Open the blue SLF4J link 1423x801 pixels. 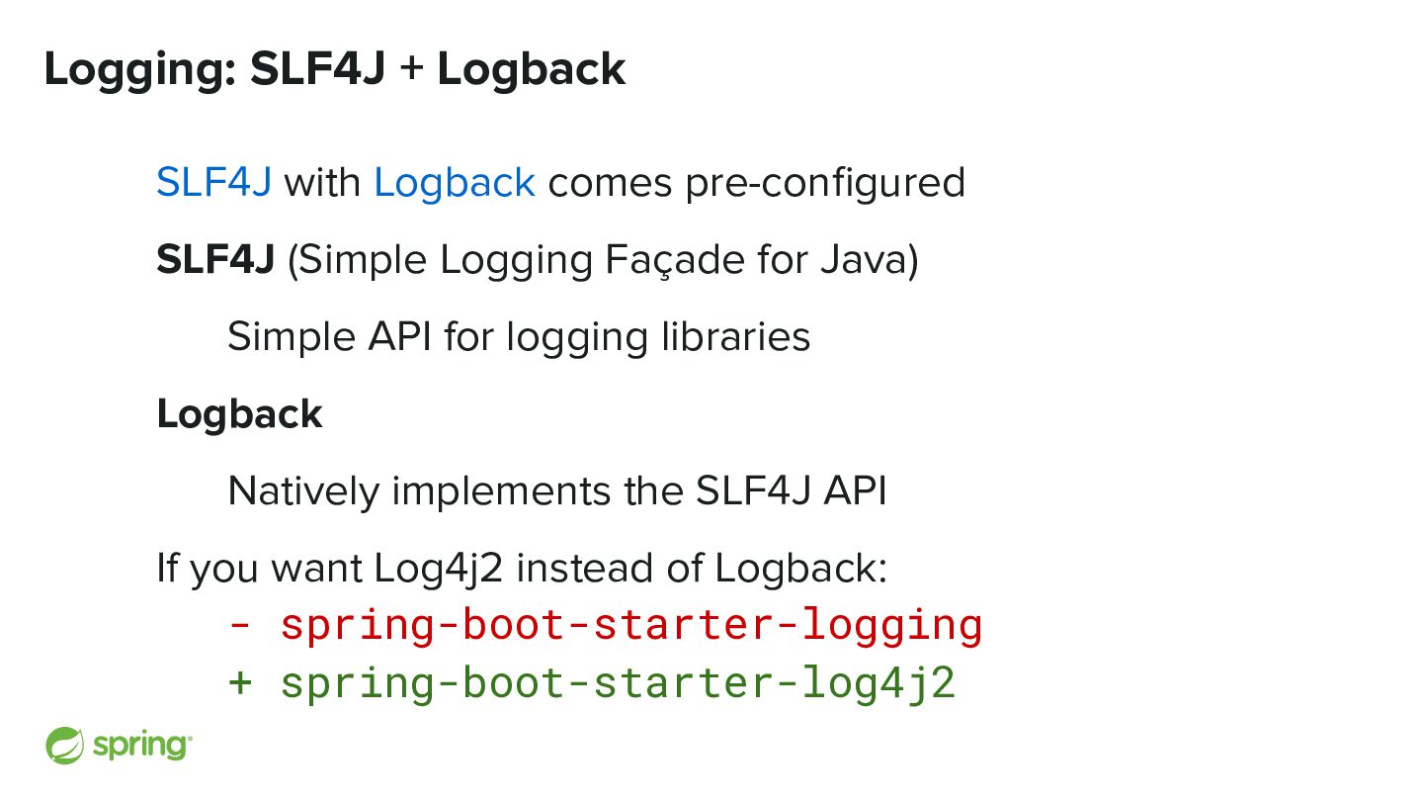[x=213, y=183]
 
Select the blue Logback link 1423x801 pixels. [x=455, y=183]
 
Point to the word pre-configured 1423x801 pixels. [x=825, y=183]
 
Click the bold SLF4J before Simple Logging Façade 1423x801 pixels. [x=214, y=260]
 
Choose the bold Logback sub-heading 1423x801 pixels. [x=239, y=414]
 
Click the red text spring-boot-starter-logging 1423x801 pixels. [x=631, y=626]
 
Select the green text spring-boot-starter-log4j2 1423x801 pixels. [x=618, y=683]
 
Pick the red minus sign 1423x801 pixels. [x=239, y=626]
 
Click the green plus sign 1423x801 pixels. [x=240, y=683]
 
